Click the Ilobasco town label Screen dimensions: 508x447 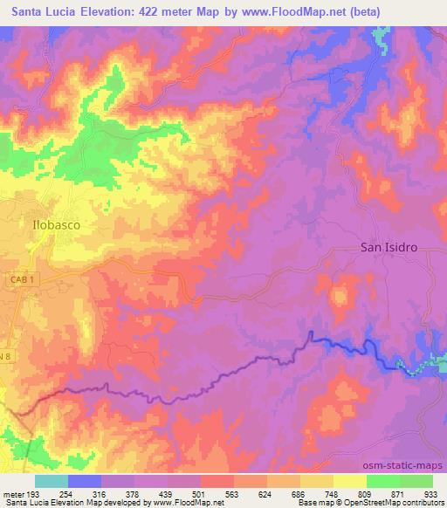click(58, 223)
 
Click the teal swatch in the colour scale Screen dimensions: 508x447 click(52, 481)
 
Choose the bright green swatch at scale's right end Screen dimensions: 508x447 click(416, 481)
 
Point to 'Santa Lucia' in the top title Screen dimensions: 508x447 click(44, 12)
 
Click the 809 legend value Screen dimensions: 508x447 click(375, 494)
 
